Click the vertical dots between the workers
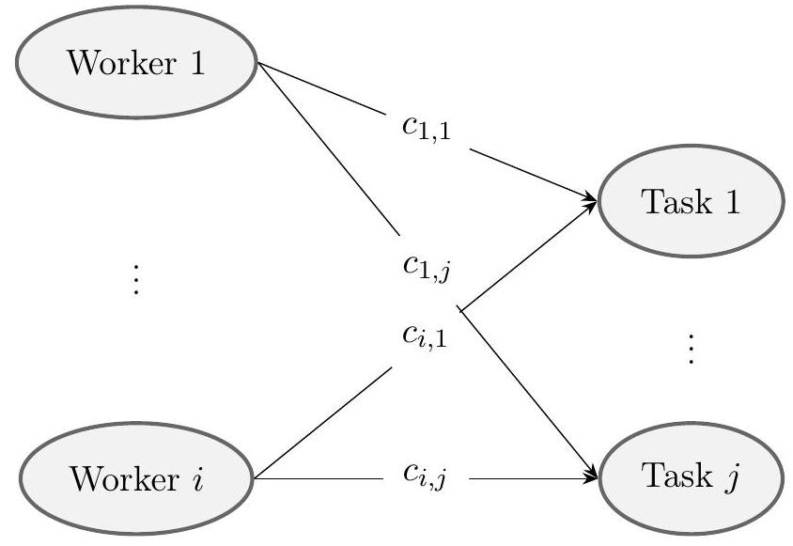(x=136, y=279)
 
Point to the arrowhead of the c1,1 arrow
(x=590, y=198)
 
